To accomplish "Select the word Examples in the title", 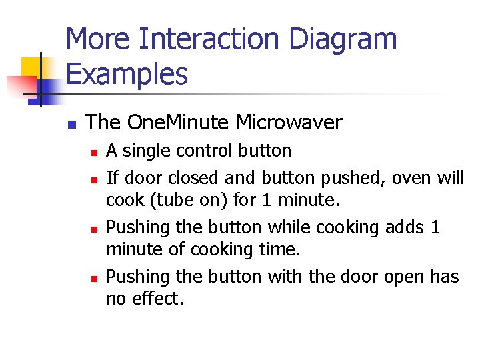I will pos(127,74).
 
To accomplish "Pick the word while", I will pos(288,227).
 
